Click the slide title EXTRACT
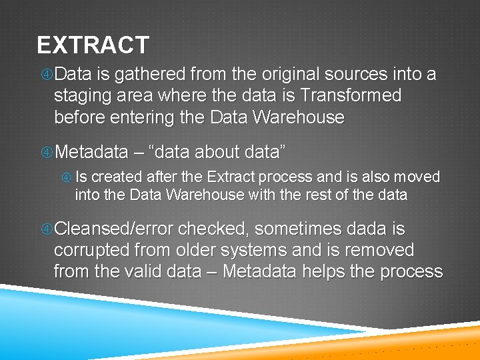pyautogui.click(x=93, y=45)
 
